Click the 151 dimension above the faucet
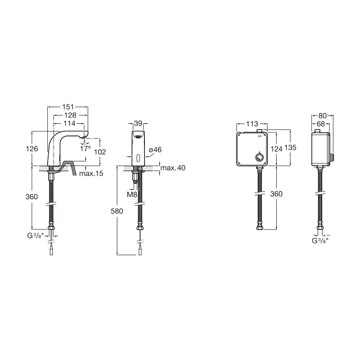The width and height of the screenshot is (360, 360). pos(68,107)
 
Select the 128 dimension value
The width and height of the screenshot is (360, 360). pos(70,115)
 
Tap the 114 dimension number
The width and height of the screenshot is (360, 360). pos(69,123)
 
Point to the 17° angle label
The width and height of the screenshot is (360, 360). pos(85,148)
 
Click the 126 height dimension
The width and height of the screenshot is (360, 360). pos(31,149)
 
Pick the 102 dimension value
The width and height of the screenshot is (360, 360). pos(100,152)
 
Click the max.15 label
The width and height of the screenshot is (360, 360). pos(91,173)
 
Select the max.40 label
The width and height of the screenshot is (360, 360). pos(173,168)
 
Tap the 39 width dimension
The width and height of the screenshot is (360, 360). pos(138,123)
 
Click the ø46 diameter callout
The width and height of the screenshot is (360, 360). pos(155,150)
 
